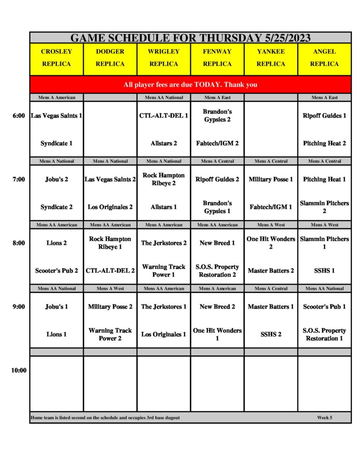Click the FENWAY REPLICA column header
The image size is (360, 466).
point(217,58)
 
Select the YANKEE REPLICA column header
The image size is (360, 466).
point(271,58)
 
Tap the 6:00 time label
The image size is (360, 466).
point(19,116)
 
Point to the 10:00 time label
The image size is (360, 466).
point(19,370)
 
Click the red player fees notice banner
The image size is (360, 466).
point(190,85)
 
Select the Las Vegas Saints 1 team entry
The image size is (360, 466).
point(56,116)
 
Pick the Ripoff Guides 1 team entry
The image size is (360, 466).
point(325,116)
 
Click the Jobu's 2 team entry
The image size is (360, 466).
point(56,179)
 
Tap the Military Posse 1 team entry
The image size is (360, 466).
point(271,179)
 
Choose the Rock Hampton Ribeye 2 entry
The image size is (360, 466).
point(164,179)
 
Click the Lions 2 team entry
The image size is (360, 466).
point(56,243)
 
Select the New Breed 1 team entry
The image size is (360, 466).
point(217,243)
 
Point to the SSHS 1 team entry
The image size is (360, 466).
point(325,271)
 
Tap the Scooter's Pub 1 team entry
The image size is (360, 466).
point(325,307)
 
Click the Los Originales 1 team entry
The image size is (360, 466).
point(164,334)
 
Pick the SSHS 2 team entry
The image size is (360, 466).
point(271,334)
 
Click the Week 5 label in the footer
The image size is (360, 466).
point(325,417)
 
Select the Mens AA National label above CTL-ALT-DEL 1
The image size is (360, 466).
point(164,97)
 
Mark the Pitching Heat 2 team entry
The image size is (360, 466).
point(325,143)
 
